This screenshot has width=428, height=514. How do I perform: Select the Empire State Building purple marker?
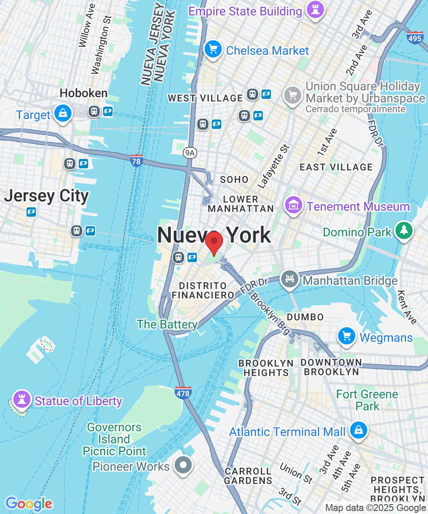[x=316, y=10]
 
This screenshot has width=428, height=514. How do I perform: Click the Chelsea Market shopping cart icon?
[x=213, y=49]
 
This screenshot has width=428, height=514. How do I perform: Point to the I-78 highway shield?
[x=137, y=161]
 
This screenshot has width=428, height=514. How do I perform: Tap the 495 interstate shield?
[x=415, y=38]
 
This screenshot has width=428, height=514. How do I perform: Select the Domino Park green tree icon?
[x=404, y=230]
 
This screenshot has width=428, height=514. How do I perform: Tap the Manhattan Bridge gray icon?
[x=290, y=279]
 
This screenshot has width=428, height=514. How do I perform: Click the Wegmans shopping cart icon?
[x=347, y=337]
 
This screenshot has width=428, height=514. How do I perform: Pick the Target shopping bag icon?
[x=63, y=114]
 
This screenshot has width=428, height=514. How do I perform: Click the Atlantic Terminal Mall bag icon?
[x=358, y=430]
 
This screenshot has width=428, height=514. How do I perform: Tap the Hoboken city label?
[x=83, y=93]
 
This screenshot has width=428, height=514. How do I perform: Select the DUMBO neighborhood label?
[x=305, y=317]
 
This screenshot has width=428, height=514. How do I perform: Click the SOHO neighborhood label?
[x=234, y=179]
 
